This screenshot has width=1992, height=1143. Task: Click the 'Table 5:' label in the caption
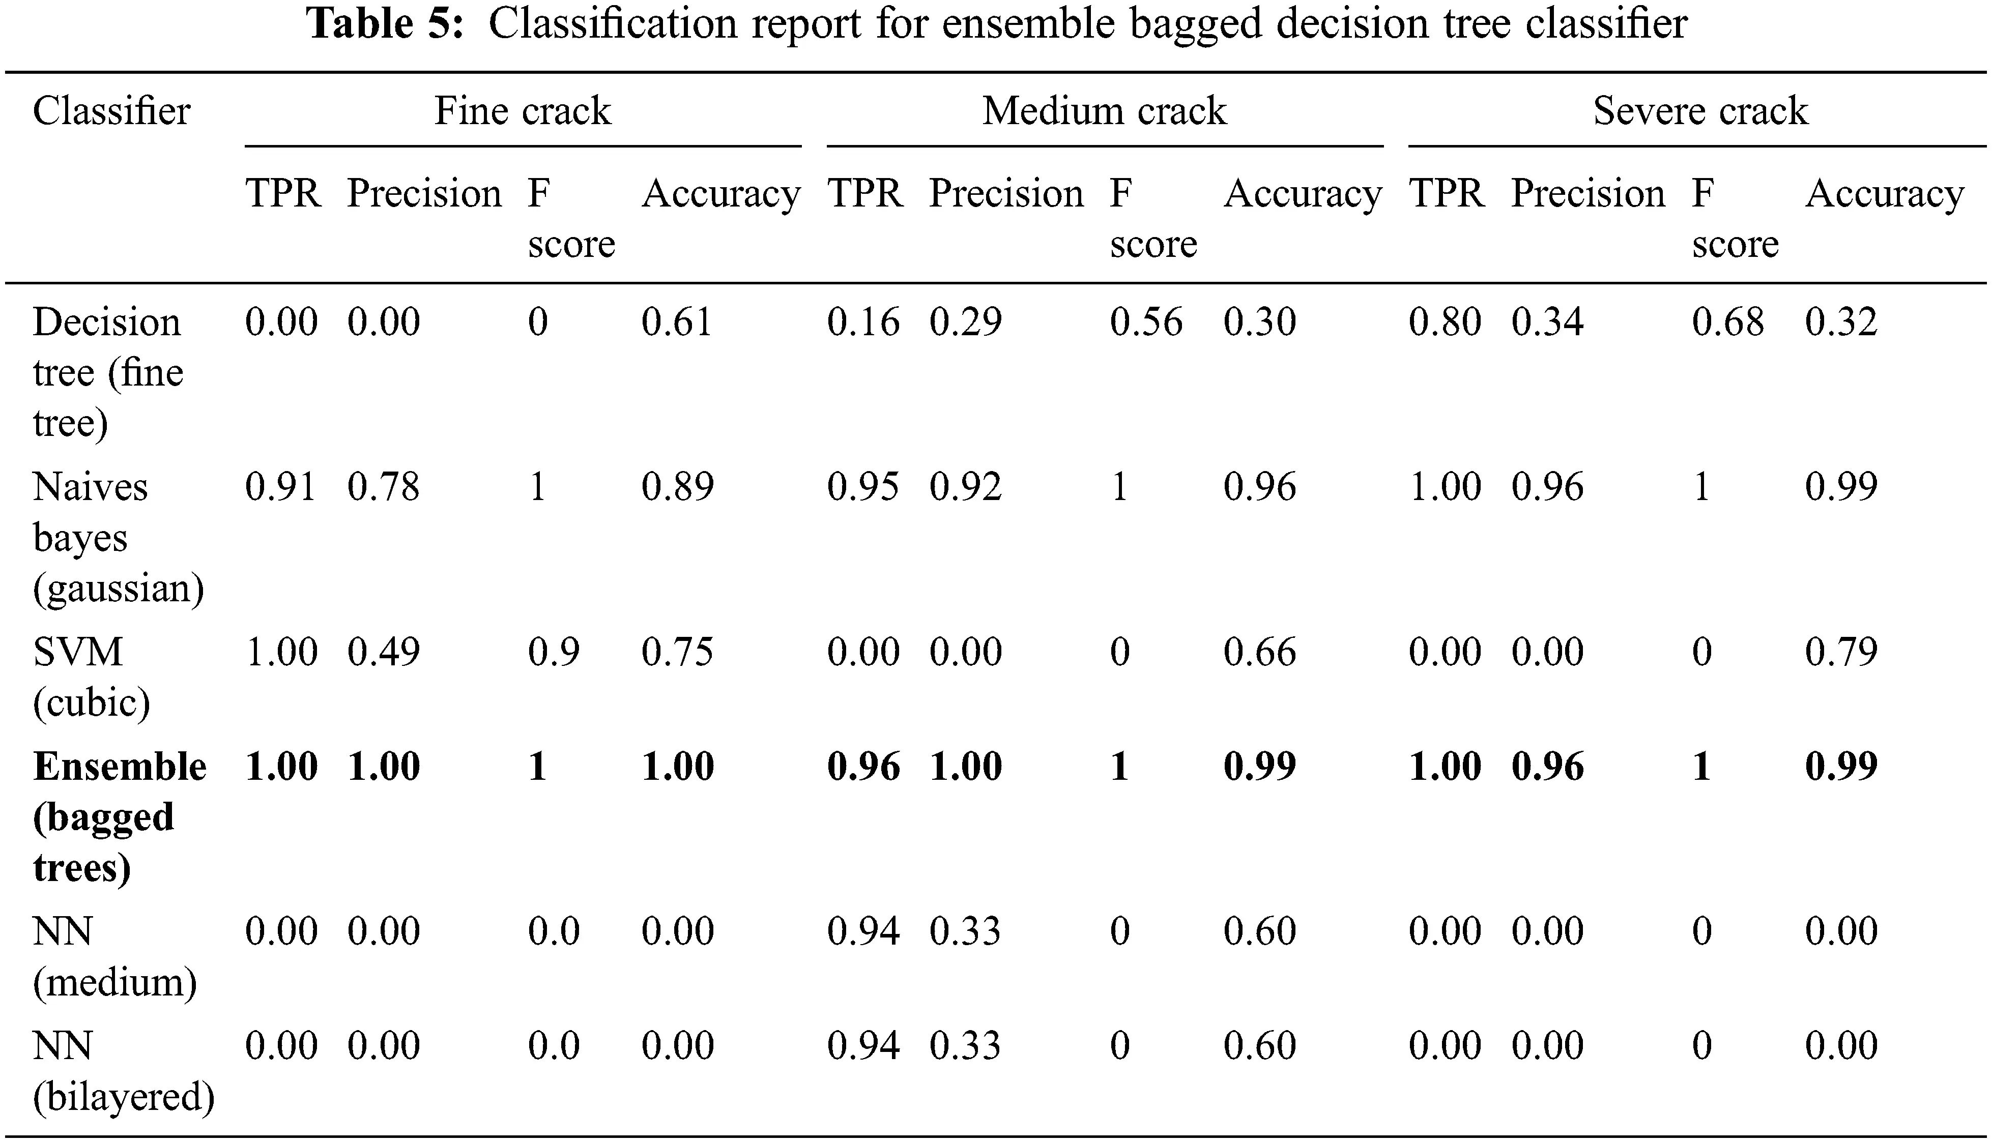coord(385,23)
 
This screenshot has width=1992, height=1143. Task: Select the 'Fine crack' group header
coord(522,111)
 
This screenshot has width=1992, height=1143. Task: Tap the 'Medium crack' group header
coord(1104,111)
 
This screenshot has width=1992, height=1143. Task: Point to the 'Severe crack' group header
coord(1700,111)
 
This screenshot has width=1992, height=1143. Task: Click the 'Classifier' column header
coord(111,111)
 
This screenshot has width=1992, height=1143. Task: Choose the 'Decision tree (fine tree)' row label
coord(107,372)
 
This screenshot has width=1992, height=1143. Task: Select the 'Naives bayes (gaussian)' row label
coord(118,537)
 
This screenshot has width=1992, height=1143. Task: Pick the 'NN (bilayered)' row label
coord(123,1071)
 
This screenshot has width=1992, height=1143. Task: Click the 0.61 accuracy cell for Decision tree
coord(677,322)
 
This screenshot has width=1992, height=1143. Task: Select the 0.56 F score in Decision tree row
coord(1145,322)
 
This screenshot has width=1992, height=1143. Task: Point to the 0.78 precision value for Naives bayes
coord(384,487)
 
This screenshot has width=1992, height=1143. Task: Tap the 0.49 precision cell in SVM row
coord(384,652)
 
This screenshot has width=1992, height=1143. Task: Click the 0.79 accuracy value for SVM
coord(1840,652)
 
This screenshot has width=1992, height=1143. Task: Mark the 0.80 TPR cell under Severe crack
coord(1445,322)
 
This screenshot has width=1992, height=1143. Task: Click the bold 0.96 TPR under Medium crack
coord(863,766)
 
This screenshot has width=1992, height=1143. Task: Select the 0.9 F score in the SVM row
coord(554,652)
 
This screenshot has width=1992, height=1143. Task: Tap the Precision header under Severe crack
coord(1587,193)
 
